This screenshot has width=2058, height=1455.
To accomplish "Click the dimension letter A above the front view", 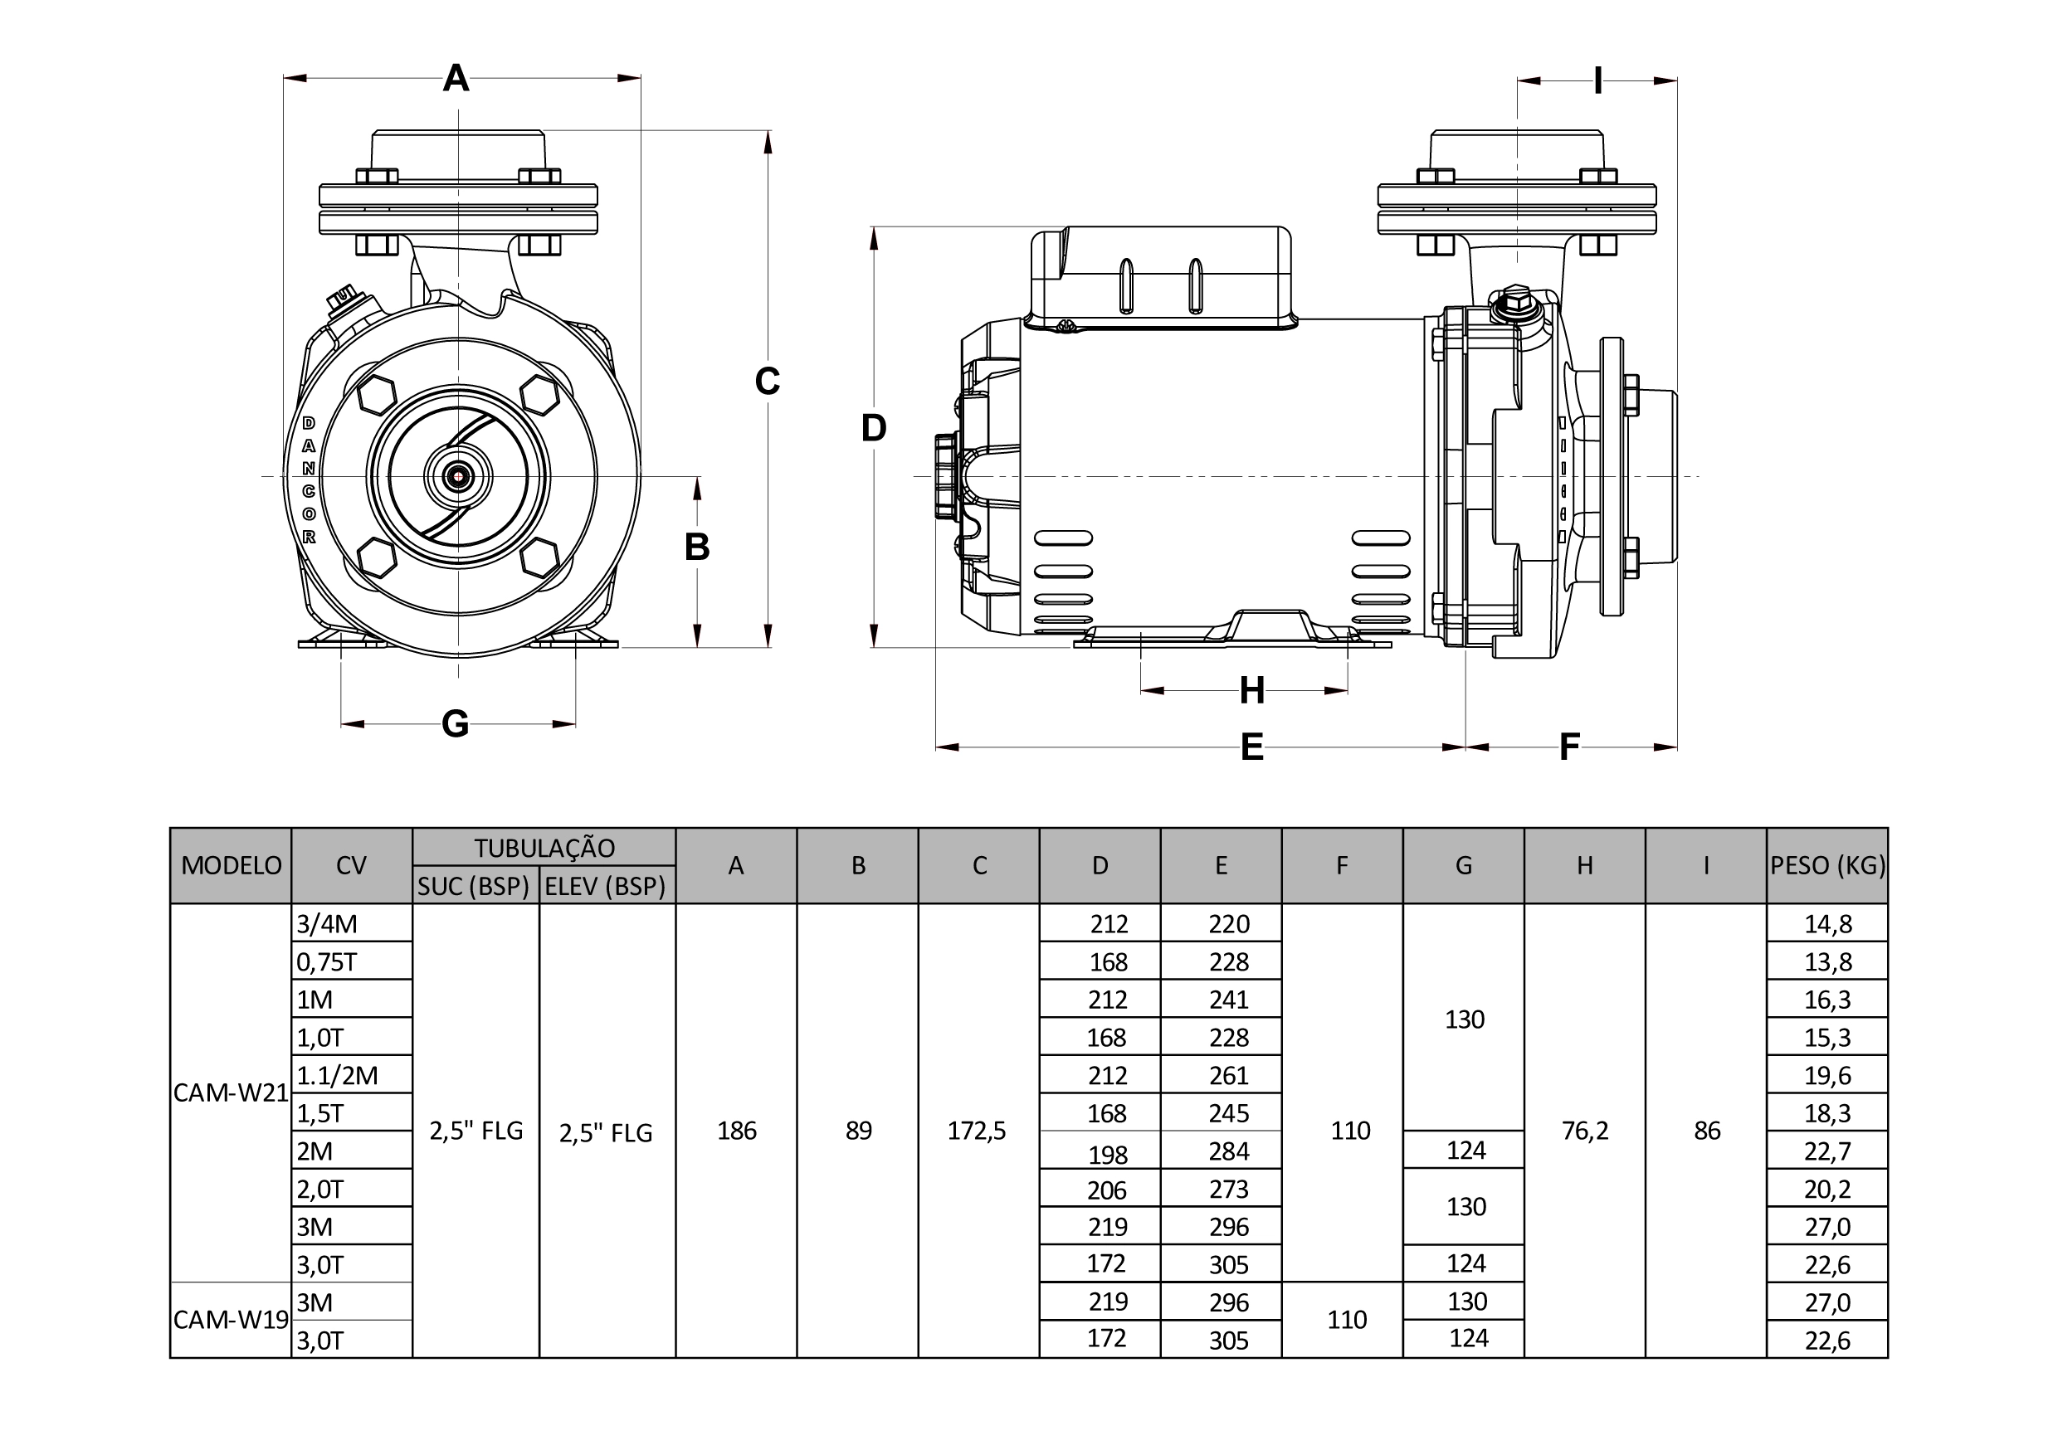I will (x=456, y=79).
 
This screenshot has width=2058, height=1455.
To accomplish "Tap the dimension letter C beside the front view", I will (x=768, y=382).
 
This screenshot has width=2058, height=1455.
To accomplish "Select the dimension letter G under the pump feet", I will (x=456, y=724).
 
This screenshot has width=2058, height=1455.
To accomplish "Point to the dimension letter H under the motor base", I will (x=1251, y=691).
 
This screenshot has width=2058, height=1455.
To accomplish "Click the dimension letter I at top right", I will (x=1597, y=81).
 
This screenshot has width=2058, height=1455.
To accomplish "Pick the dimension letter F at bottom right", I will (x=1568, y=747).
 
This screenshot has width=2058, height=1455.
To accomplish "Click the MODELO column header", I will (x=232, y=865).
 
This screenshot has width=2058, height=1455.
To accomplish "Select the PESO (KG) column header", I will (x=1827, y=865).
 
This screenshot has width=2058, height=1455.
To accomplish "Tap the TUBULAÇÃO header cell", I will (x=544, y=848).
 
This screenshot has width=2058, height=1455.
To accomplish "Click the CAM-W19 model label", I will (x=232, y=1320).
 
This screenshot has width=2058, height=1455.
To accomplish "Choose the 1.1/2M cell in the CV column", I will (x=337, y=1075).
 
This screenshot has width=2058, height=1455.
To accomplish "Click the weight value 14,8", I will (x=1827, y=924).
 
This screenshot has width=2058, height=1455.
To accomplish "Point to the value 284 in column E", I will (x=1228, y=1151).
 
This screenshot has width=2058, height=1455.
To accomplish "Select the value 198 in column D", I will (x=1108, y=1155).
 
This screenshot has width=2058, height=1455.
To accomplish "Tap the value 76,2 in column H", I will (x=1585, y=1131).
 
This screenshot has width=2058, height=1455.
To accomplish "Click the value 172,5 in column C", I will (x=977, y=1131).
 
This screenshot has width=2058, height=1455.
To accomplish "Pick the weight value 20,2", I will (x=1827, y=1189).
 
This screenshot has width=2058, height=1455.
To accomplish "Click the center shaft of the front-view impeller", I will (x=458, y=477).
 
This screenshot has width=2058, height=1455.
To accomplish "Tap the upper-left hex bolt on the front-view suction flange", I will (x=377, y=394).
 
